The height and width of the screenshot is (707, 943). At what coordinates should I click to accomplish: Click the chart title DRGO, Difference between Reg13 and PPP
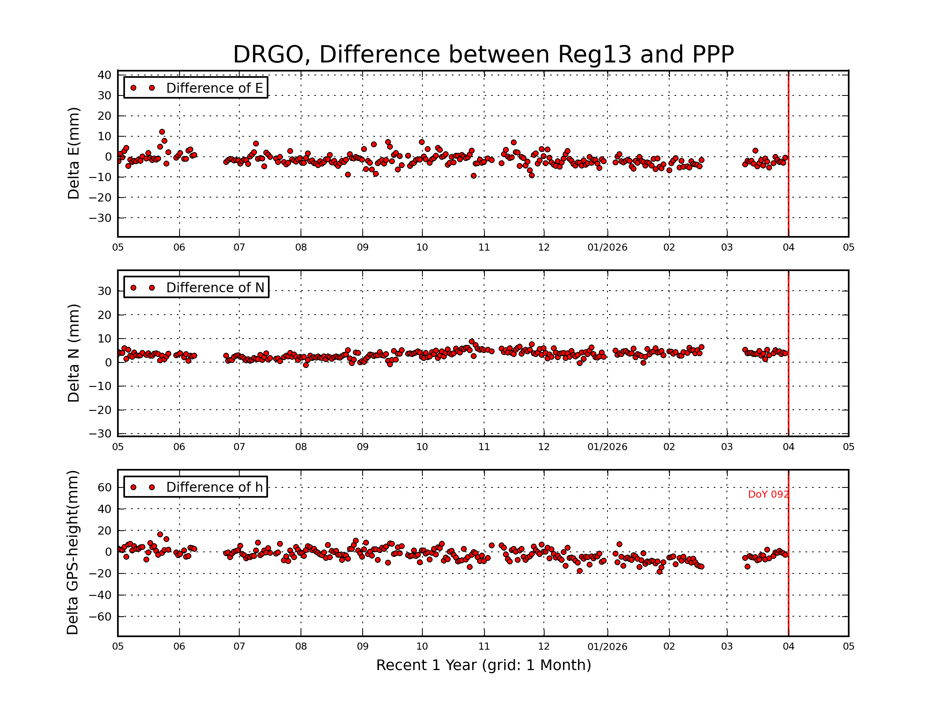(483, 55)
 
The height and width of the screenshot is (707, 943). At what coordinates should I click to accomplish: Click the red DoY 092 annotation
(768, 495)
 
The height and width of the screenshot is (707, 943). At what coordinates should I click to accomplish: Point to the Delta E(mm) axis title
(73, 154)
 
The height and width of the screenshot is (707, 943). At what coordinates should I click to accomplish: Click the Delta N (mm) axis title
(73, 353)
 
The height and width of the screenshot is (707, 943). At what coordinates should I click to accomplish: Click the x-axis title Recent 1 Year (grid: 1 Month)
(483, 665)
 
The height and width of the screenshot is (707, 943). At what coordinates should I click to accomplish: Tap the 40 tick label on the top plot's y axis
(105, 75)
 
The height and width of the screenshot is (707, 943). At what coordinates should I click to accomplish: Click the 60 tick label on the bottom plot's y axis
(105, 487)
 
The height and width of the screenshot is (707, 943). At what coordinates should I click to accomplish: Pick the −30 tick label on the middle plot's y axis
(100, 434)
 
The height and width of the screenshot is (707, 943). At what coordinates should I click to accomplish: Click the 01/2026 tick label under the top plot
(607, 247)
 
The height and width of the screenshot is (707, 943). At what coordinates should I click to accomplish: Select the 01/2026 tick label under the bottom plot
(607, 647)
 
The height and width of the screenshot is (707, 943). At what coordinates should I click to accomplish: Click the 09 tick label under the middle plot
(362, 447)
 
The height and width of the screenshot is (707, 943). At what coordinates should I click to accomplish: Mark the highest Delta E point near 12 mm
(162, 132)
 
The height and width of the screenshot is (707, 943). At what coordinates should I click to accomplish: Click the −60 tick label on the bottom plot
(100, 617)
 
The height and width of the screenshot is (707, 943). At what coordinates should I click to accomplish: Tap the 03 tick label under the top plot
(727, 247)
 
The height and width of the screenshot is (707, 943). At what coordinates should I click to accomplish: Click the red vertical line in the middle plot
(788, 383)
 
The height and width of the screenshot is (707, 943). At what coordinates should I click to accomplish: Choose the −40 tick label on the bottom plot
(100, 595)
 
